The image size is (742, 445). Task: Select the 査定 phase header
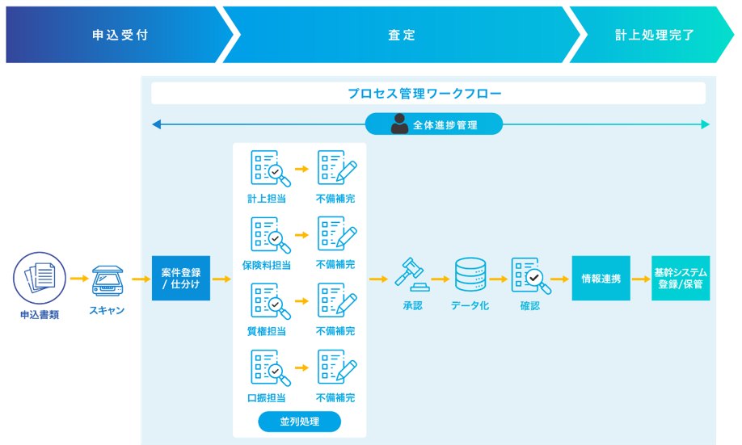[x=402, y=36]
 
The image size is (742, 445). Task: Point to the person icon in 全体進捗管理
[x=399, y=124]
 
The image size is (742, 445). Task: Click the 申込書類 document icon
[x=40, y=278]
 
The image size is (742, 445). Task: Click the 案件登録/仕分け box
[x=180, y=279]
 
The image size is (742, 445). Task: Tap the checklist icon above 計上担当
[x=270, y=168]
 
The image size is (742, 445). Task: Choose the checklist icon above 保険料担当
[x=270, y=235]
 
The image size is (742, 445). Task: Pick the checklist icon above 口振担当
[x=270, y=367]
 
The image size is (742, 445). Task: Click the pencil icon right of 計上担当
[x=337, y=168]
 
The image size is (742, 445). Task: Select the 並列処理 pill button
[x=299, y=422]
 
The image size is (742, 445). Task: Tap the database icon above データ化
[x=470, y=275]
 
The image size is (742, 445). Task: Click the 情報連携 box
[x=601, y=279]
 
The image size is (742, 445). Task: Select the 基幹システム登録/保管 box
[x=680, y=279]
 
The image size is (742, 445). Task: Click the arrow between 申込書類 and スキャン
[x=78, y=279]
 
